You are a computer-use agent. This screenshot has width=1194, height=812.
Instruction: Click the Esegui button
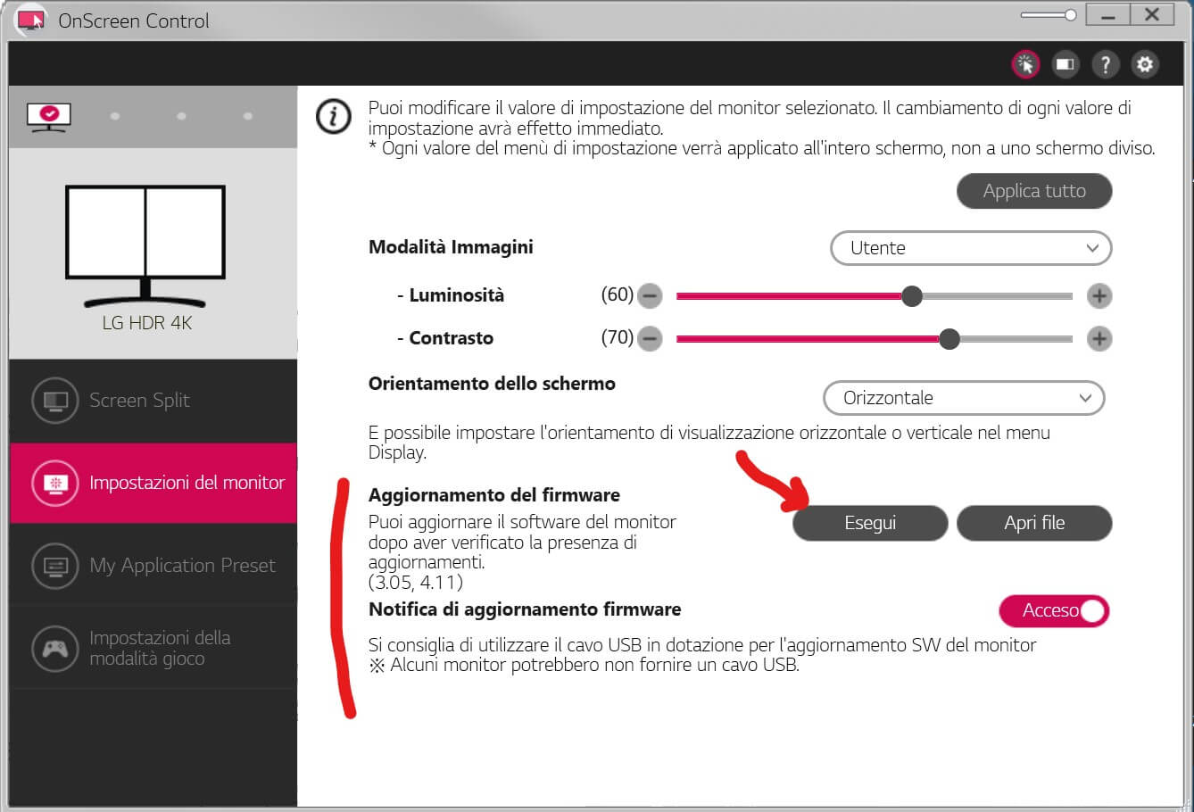870,523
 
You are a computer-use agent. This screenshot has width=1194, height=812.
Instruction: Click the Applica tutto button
1034,191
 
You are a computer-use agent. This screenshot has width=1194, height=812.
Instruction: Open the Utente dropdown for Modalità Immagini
971,248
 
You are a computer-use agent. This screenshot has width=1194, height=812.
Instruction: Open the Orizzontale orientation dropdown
964,398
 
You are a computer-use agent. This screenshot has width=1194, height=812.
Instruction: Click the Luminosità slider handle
912,296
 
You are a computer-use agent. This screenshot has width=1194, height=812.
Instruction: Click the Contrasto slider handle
949,338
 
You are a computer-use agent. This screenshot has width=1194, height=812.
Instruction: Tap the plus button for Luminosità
1099,296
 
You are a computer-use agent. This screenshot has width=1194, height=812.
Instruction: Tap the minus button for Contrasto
650,338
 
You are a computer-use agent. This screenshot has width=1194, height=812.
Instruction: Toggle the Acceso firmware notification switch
1054,610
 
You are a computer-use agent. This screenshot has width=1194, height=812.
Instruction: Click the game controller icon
55,649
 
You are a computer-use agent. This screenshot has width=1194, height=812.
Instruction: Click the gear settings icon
1144,64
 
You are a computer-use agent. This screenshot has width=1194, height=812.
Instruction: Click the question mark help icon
1105,64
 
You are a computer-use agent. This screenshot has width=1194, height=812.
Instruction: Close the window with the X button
1152,15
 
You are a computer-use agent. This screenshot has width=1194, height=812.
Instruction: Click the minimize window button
1108,15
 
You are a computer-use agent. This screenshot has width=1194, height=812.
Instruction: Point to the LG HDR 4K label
147,322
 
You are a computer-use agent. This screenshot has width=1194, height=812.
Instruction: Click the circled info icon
334,116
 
